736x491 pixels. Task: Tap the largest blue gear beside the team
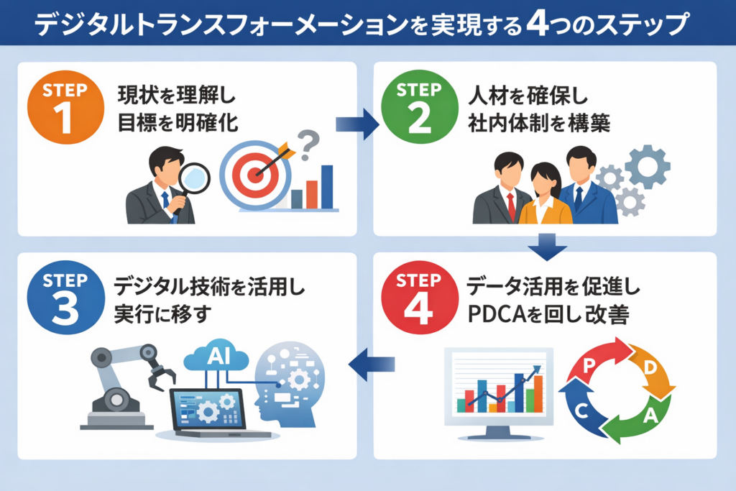(646, 165)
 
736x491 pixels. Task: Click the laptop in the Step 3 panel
(208, 413)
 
